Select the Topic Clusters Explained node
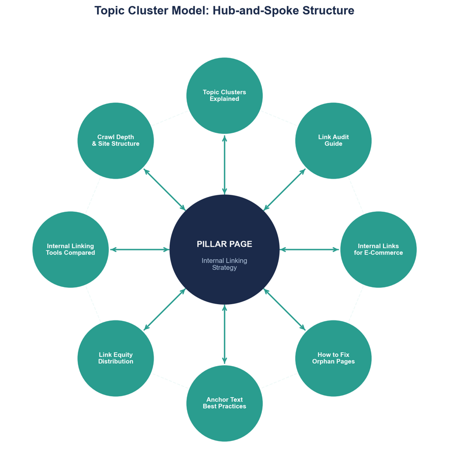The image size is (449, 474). [x=224, y=95]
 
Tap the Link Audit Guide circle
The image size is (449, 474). [x=333, y=140]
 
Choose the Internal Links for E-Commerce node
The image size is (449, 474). [x=378, y=250]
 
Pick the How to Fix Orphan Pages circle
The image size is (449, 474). [x=333, y=358]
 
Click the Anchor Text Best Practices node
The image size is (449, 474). [x=224, y=403]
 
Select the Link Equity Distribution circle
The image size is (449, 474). [x=116, y=358]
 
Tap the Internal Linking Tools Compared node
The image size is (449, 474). [x=70, y=250]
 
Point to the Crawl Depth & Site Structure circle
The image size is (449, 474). [x=116, y=140]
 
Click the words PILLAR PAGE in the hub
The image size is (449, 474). [x=224, y=244]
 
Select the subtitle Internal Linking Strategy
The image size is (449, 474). [x=224, y=264]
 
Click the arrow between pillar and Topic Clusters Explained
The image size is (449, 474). [x=224, y=164]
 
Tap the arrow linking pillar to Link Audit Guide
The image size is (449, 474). [x=285, y=190]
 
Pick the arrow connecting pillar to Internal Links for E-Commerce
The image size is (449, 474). [x=310, y=250]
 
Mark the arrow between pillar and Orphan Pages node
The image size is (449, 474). [x=285, y=310]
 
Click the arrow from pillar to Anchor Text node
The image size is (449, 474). [x=224, y=335]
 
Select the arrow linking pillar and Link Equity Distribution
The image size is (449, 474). [x=164, y=310]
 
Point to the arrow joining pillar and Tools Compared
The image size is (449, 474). [x=139, y=250]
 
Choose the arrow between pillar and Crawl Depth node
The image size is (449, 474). [x=164, y=190]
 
